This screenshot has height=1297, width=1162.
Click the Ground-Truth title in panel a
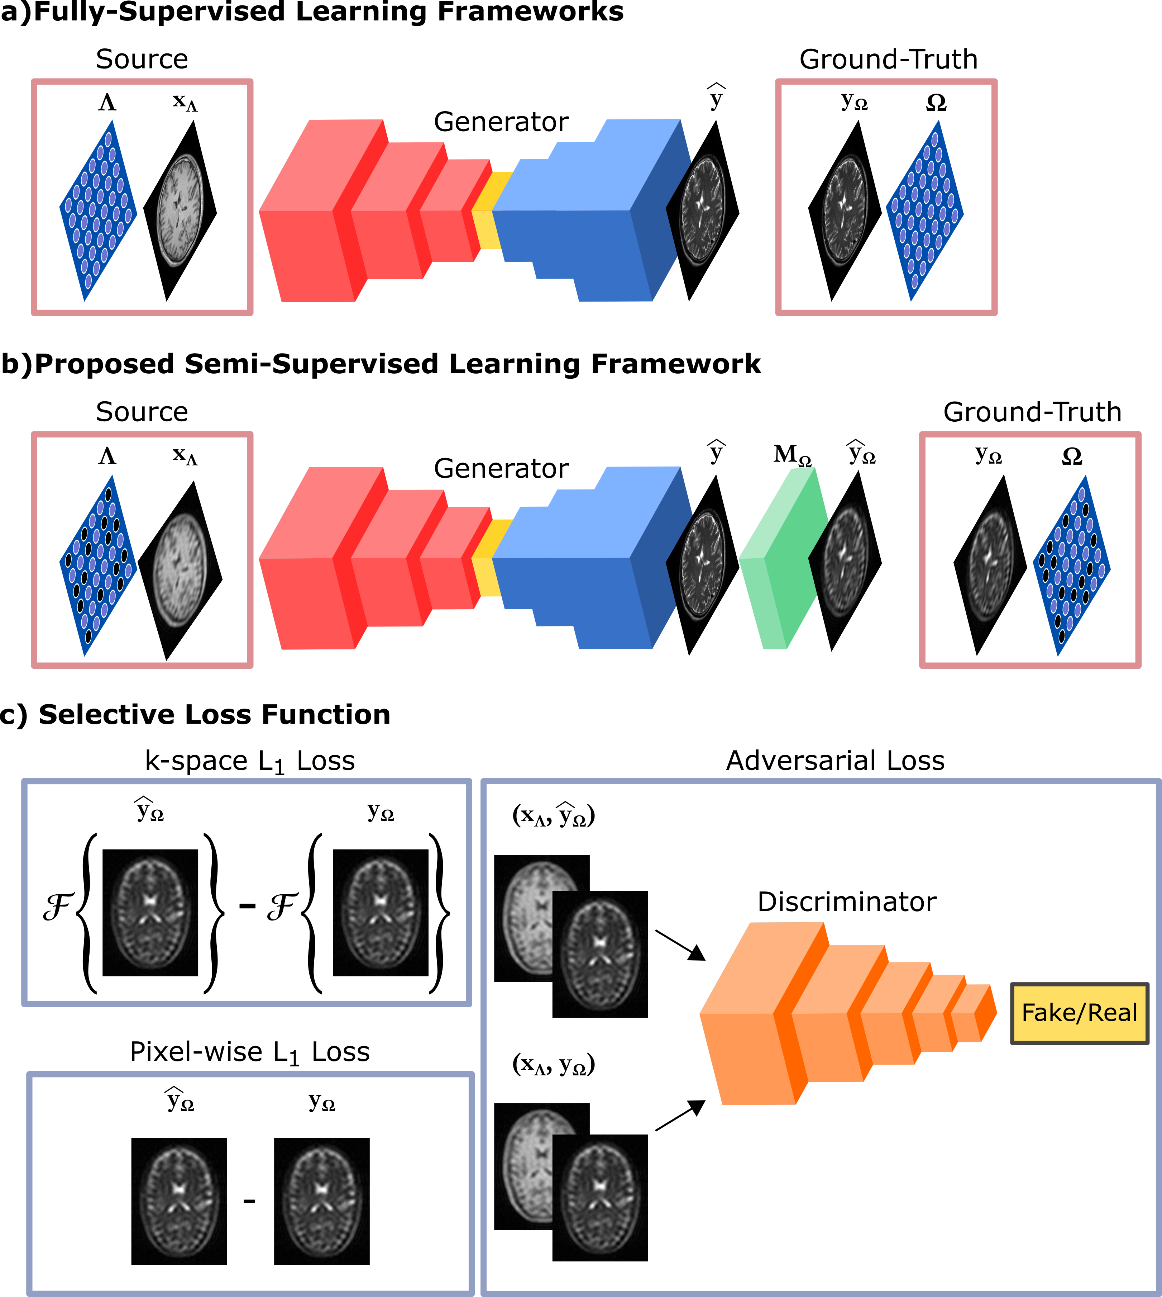(888, 60)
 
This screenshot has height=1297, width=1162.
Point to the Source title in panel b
(142, 412)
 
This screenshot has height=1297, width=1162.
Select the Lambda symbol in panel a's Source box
(107, 102)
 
